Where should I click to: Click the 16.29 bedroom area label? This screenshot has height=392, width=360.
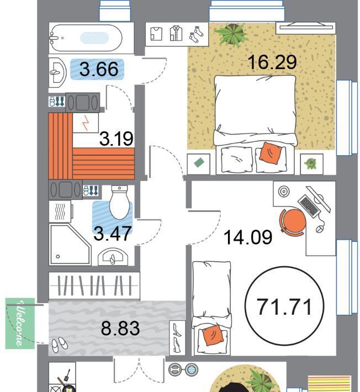[273, 62]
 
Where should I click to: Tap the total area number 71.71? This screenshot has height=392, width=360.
[285, 307]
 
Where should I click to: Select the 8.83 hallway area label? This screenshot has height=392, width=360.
[120, 328]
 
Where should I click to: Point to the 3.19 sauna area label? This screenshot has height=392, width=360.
[117, 139]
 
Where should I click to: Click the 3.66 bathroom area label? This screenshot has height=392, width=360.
[99, 69]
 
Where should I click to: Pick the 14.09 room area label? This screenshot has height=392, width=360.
[248, 237]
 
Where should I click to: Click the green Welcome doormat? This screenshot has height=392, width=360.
[20, 323]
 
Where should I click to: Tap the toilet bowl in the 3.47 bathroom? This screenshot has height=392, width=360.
[119, 202]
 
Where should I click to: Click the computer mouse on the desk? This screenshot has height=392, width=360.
[319, 229]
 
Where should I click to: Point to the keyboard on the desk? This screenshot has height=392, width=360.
[309, 205]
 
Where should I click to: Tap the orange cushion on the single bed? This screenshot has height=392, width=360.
[212, 335]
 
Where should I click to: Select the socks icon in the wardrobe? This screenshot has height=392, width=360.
[196, 34]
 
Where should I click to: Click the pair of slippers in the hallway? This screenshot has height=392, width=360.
[60, 344]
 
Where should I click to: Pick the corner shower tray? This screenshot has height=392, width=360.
[70, 244]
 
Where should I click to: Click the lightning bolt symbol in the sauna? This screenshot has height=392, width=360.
[86, 123]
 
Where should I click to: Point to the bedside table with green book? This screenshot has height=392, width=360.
[199, 164]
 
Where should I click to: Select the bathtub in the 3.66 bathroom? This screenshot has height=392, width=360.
[86, 38]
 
